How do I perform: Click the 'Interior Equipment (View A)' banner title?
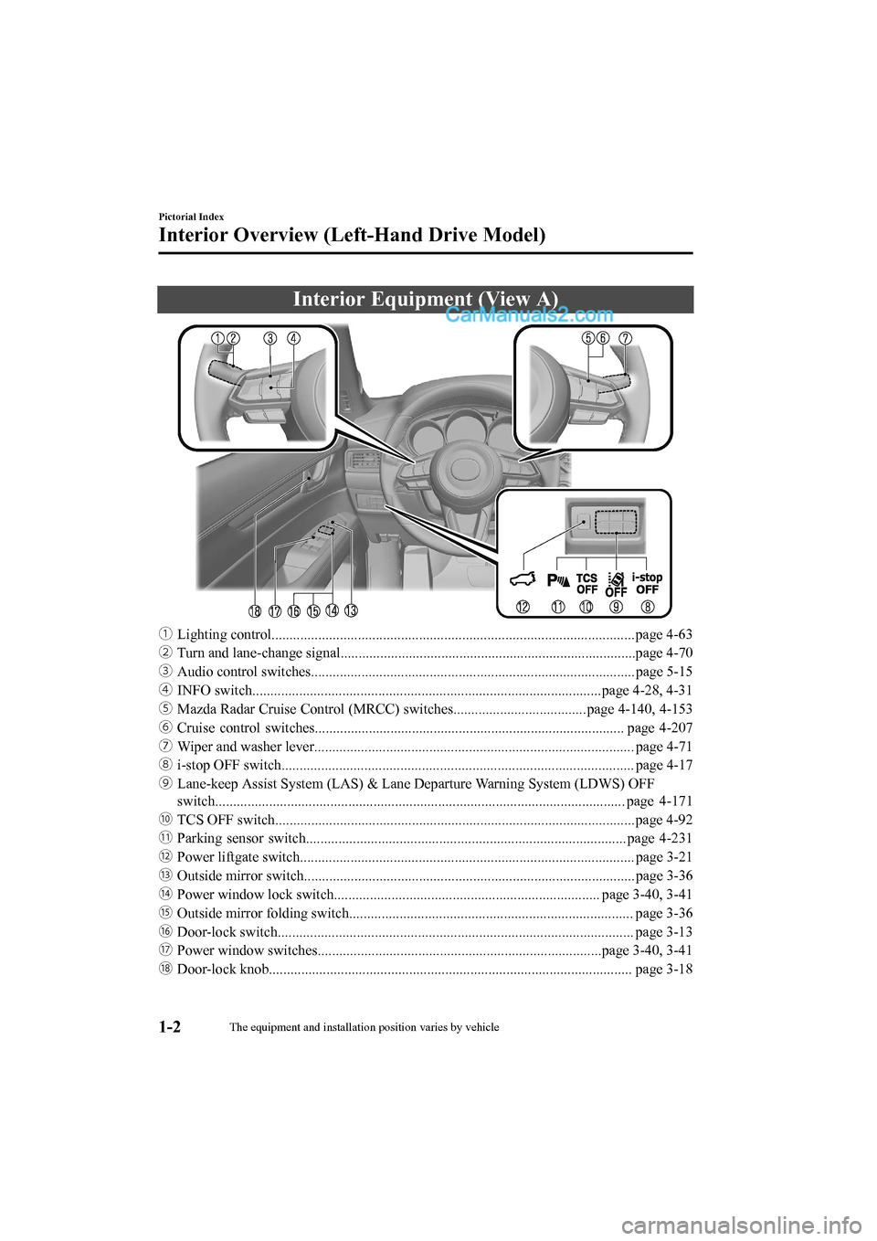[425, 299]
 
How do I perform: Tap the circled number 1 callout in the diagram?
[218, 338]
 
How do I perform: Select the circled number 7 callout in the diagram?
[626, 337]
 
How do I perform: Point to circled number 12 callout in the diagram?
[523, 606]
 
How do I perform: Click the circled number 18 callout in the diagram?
[255, 610]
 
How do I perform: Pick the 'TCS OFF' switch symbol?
[586, 583]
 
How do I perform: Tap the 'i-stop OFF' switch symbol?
[648, 583]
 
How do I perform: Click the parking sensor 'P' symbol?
[557, 579]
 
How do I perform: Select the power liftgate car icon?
[523, 578]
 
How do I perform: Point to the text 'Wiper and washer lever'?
[245, 747]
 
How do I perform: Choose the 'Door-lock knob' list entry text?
[222, 969]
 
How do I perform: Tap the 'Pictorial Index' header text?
[191, 217]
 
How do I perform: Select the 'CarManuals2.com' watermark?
[530, 316]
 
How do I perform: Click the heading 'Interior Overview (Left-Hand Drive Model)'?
[352, 235]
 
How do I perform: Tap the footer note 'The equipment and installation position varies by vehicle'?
[364, 1027]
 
